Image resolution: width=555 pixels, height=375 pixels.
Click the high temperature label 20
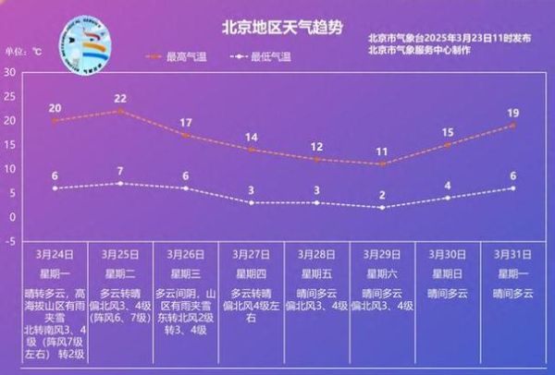(x=55, y=108)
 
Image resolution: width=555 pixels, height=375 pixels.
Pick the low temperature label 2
(x=382, y=195)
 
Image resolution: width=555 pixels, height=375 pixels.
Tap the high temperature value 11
(x=382, y=151)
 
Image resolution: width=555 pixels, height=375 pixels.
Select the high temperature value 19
(x=513, y=113)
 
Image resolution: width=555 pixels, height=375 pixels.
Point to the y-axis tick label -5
(x=9, y=241)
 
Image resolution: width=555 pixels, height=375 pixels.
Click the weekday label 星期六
(x=382, y=273)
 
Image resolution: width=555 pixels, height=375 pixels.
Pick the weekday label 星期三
(x=186, y=273)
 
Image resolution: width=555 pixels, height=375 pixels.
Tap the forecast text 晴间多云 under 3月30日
(x=448, y=293)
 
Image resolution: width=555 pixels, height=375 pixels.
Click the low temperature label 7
(x=120, y=171)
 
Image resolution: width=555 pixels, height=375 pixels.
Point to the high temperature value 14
(x=252, y=137)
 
